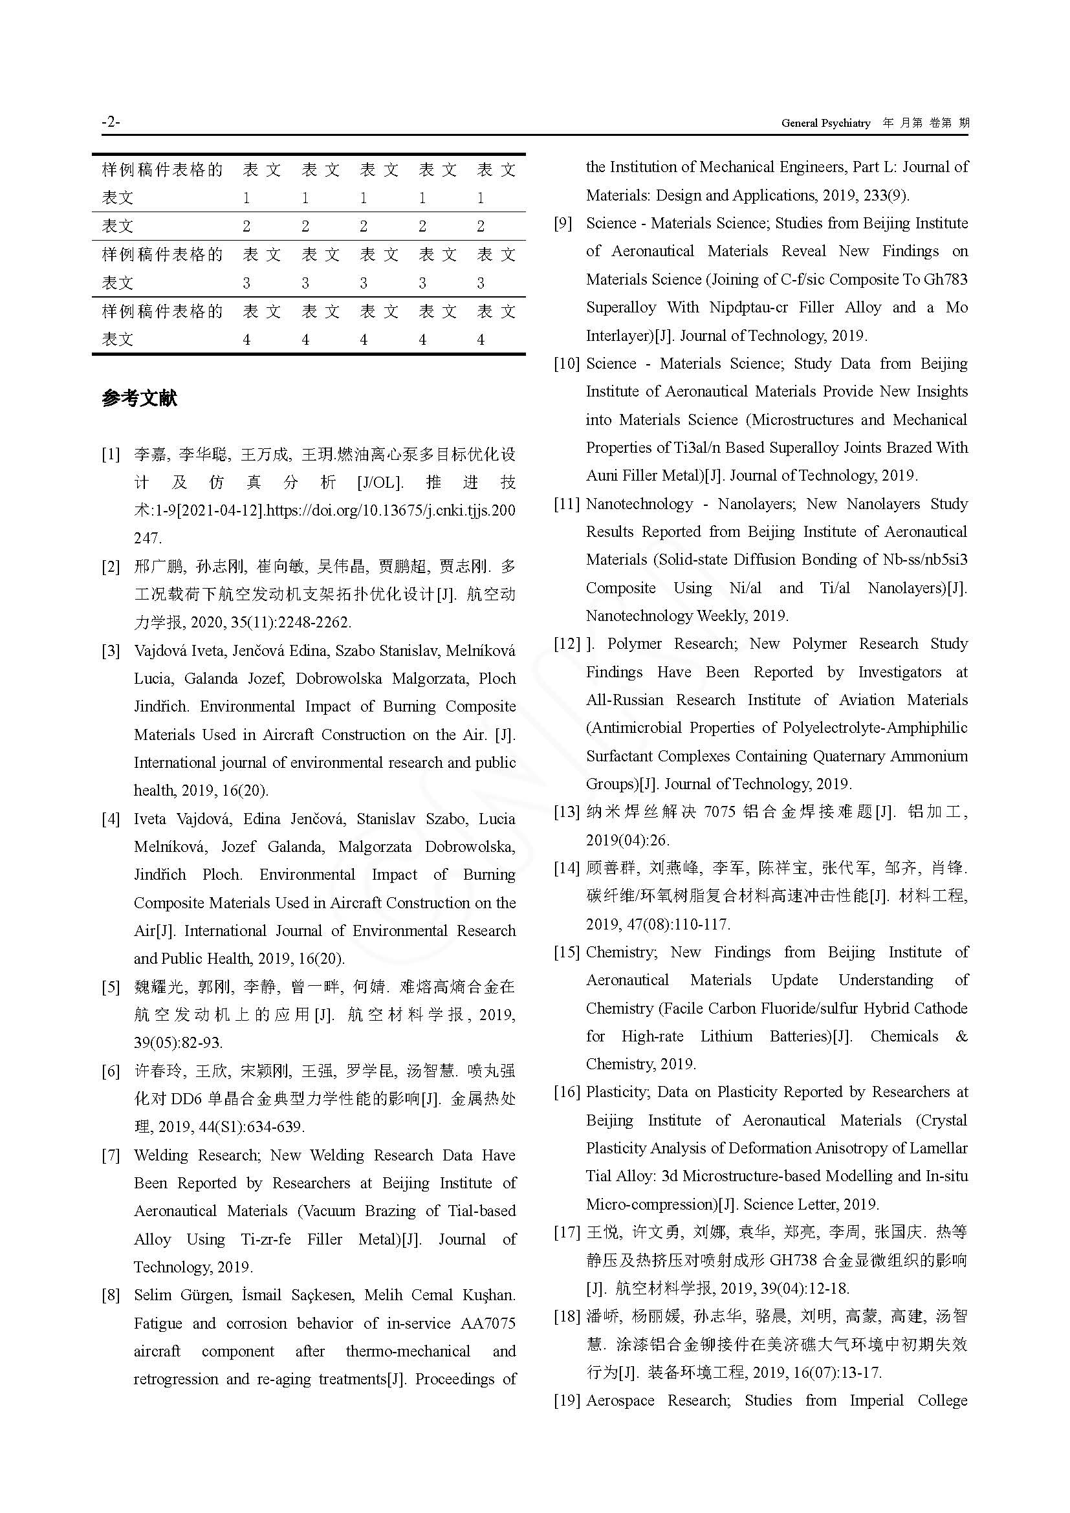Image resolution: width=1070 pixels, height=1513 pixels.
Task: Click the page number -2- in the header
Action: coord(111,122)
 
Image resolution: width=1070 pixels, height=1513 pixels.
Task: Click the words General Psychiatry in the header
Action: coord(825,124)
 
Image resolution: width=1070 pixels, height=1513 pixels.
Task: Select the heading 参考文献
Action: coord(139,398)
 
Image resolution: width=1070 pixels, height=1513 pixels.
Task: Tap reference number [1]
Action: coord(111,454)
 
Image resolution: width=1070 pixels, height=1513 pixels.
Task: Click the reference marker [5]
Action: coord(111,986)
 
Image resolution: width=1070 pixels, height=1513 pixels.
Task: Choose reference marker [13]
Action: coord(567,812)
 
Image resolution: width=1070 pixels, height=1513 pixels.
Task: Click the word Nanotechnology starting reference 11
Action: coord(639,504)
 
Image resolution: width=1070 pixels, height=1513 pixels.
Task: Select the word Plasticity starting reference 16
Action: coord(617,1092)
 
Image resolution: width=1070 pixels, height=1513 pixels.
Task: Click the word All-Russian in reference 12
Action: coord(625,699)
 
